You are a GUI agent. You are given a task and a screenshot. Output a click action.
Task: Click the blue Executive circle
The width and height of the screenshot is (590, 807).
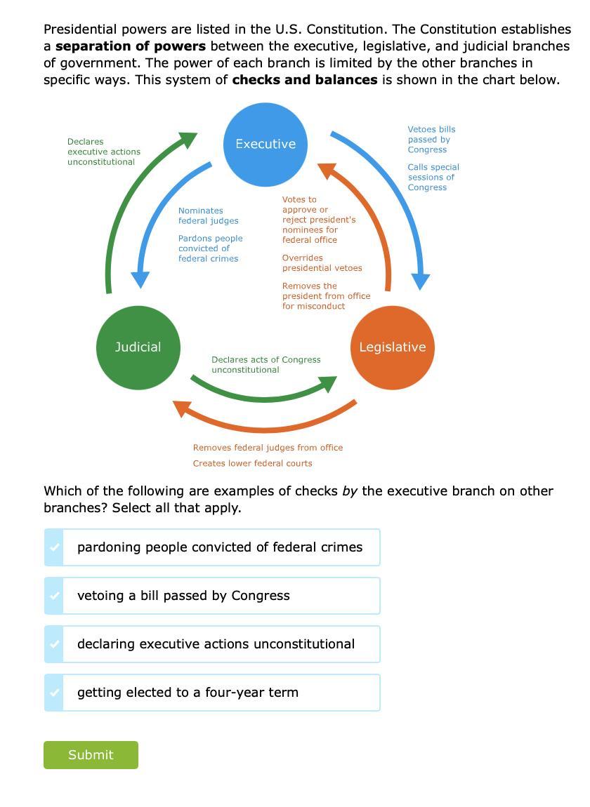265,145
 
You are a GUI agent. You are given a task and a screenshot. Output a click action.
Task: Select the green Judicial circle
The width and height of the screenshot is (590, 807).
138,347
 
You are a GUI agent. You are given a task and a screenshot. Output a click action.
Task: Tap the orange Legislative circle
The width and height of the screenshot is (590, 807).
392,347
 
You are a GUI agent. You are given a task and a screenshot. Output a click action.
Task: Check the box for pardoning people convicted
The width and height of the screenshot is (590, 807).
54,547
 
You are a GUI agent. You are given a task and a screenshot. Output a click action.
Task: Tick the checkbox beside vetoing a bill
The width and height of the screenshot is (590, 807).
54,596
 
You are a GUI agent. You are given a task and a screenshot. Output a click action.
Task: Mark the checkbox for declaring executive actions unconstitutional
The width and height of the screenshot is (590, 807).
54,644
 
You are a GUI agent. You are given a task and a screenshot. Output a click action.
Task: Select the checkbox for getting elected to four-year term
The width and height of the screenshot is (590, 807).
54,693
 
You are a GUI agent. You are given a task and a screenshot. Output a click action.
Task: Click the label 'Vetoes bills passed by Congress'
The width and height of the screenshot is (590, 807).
431,140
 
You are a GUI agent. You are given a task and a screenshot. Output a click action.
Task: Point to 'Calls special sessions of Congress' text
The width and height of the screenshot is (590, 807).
433,178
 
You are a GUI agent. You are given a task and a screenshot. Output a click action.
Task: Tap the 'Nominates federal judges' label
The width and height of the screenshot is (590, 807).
208,215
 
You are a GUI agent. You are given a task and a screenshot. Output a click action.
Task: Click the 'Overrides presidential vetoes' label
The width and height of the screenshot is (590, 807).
322,263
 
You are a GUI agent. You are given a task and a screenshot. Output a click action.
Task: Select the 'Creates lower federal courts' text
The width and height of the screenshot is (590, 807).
252,464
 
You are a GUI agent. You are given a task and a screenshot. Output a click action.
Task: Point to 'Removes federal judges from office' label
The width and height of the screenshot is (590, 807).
268,448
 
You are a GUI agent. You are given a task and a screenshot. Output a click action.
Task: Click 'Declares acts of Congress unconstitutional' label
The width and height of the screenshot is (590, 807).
265,365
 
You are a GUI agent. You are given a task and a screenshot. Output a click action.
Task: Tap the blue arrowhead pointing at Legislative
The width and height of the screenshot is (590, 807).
420,281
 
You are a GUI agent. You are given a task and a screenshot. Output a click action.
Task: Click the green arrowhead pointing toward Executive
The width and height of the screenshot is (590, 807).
188,140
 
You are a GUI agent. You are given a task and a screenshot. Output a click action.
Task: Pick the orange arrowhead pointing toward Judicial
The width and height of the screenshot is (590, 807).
183,408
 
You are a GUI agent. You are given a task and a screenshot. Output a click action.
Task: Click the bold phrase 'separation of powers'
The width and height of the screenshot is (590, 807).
131,46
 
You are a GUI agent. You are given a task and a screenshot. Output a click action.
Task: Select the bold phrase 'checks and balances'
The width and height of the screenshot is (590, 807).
305,80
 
